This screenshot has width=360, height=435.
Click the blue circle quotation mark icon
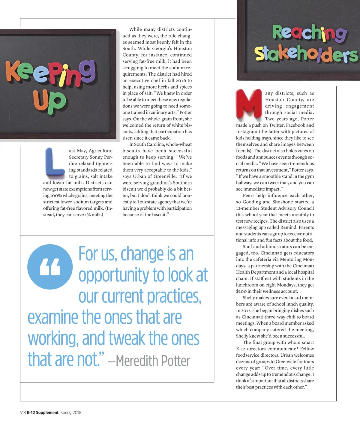(50, 267)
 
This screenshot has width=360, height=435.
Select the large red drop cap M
(249, 103)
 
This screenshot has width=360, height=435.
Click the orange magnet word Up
(49, 101)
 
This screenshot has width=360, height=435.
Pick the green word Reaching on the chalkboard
(309, 33)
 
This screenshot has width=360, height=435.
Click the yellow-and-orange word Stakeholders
(306, 54)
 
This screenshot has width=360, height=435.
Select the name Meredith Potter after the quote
(153, 361)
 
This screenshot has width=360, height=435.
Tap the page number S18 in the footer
(23, 412)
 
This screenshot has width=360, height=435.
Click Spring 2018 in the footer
(71, 412)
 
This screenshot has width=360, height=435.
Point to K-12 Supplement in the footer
(43, 412)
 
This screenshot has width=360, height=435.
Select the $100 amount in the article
(241, 291)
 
